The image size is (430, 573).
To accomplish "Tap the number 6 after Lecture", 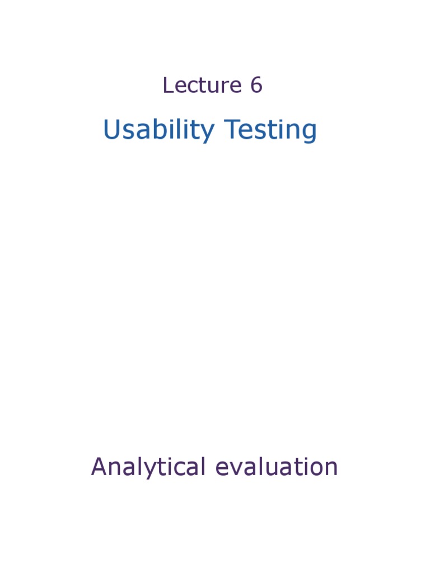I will (x=256, y=86).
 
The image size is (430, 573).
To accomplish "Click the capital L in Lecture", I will (x=167, y=86).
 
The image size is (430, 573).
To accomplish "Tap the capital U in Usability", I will (x=111, y=130).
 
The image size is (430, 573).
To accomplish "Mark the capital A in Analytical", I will (x=99, y=467).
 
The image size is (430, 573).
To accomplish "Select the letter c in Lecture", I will (x=189, y=87).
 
